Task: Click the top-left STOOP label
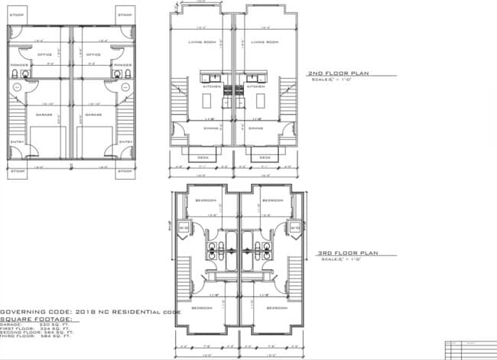click(16, 15)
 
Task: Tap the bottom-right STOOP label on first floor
click(125, 171)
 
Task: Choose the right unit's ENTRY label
click(126, 142)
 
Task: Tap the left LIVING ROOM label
click(200, 42)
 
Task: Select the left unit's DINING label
click(200, 128)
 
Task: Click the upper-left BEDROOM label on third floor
click(206, 199)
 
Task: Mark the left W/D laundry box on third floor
click(184, 228)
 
